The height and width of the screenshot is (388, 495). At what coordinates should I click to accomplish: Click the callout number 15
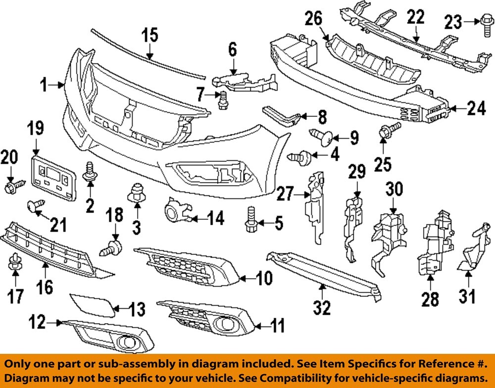tap(150, 36)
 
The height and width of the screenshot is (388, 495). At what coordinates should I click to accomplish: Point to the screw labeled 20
tap(11, 188)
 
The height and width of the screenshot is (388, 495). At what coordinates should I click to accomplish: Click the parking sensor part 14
tap(174, 213)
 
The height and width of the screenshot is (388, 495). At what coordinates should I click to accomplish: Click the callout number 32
tap(322, 307)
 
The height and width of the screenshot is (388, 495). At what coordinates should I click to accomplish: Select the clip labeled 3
tap(136, 194)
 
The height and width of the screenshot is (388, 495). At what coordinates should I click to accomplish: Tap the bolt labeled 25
tap(384, 133)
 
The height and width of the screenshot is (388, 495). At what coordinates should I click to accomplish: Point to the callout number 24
tap(477, 108)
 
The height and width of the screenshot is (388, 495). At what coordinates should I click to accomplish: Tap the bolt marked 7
tap(222, 100)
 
